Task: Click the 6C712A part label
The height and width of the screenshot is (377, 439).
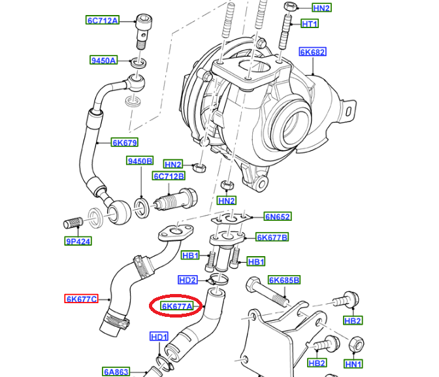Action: point(103,20)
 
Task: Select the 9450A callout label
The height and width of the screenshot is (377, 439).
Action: point(103,60)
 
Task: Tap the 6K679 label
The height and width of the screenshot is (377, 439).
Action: point(125,142)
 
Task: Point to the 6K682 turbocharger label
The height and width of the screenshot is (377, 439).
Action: point(312,52)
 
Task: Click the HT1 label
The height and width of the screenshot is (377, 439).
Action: point(310,24)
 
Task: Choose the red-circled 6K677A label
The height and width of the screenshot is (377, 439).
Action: point(177,306)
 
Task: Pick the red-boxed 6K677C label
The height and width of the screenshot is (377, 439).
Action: point(81,299)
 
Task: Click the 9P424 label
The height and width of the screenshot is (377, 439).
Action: point(78,241)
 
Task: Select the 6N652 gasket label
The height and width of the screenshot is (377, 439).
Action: point(278,216)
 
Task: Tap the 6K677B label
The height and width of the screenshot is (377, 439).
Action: point(272,237)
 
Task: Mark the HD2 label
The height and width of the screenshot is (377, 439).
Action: point(187,280)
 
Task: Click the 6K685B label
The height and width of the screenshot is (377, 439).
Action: point(284,280)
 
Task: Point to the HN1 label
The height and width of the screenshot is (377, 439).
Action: point(353,364)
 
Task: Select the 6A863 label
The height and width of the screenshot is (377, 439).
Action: point(116,372)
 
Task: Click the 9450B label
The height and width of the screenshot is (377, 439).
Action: point(140,161)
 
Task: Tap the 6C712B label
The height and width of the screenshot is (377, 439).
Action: point(169,176)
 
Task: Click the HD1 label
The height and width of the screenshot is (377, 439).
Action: point(159,336)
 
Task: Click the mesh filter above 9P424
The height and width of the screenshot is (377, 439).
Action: point(73,223)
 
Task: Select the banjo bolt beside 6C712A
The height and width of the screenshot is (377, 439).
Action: point(144,32)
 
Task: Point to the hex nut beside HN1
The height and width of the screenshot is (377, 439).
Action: point(357,344)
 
